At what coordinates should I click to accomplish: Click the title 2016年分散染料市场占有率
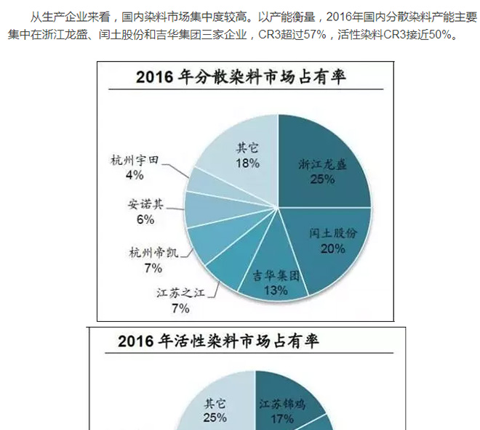(x=245, y=78)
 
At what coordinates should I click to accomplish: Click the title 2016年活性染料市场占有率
(x=218, y=340)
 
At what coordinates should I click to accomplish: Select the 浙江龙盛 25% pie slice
(x=323, y=163)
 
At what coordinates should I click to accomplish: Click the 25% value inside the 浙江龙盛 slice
(x=322, y=179)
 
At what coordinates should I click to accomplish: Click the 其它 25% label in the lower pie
(x=215, y=410)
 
